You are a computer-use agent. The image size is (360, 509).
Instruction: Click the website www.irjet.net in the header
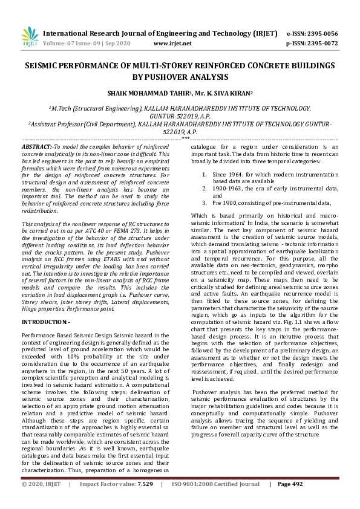tap(172, 44)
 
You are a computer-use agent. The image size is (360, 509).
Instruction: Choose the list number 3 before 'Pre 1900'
tap(205, 203)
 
